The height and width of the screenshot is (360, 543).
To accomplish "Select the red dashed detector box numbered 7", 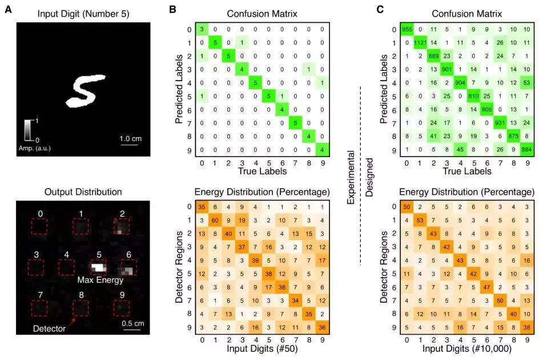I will (39, 307).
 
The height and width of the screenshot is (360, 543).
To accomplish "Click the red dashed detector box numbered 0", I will (39, 227).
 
